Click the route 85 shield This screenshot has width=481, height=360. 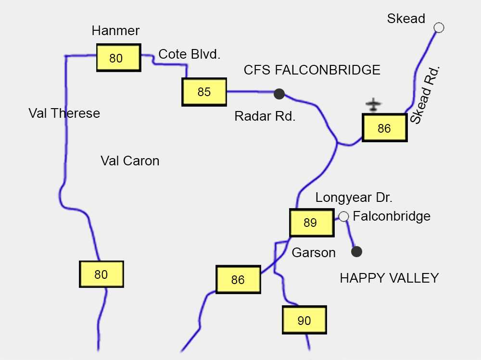[x=204, y=92]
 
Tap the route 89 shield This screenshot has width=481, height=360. [x=312, y=223]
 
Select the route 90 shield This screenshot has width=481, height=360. [x=304, y=321]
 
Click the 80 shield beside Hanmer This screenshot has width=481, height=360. [x=118, y=58]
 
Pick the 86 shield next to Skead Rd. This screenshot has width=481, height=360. [x=384, y=128]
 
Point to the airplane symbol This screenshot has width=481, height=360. [x=373, y=104]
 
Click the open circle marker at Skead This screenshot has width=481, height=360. [x=439, y=27]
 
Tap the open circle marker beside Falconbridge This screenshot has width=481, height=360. [x=343, y=216]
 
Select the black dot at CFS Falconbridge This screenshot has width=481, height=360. [x=279, y=94]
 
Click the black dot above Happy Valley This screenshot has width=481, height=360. [x=356, y=251]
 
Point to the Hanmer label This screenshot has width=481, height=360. [x=115, y=31]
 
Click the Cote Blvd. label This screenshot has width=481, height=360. [x=190, y=54]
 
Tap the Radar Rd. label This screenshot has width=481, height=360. [x=265, y=116]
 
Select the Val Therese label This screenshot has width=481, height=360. [x=64, y=113]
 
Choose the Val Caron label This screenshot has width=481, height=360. [x=130, y=161]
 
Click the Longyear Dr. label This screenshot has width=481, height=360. [x=354, y=198]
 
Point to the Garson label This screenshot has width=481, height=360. [x=314, y=252]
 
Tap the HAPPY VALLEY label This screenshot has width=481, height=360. [x=389, y=278]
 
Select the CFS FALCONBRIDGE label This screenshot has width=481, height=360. [x=312, y=70]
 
